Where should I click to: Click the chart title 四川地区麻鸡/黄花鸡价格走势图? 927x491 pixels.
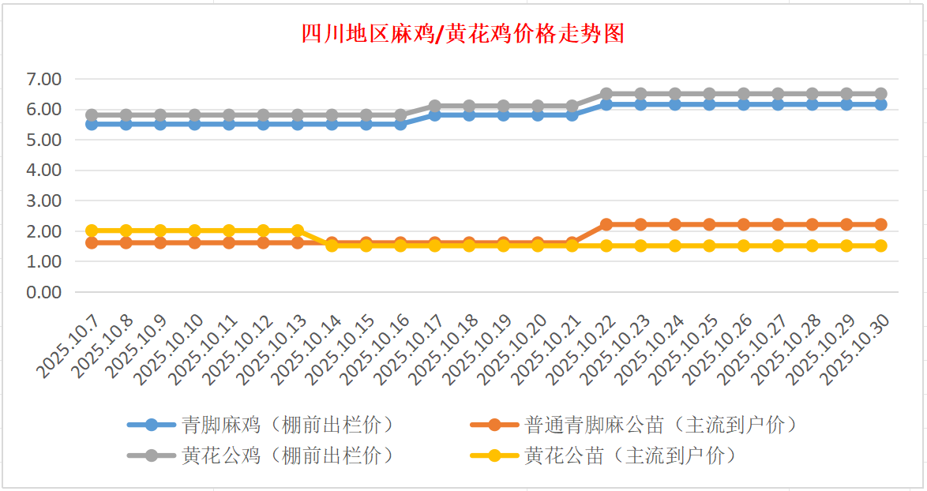(463, 34)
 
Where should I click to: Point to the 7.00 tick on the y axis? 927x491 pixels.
(44, 79)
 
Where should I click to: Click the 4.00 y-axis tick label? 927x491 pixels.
(44, 171)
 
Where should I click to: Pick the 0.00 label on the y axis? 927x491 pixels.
(44, 292)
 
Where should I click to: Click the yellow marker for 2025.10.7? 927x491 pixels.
(92, 231)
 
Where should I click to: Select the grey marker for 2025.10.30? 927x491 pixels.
(880, 94)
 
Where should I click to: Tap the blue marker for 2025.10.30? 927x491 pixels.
(880, 104)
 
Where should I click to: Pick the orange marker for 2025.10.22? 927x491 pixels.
(606, 224)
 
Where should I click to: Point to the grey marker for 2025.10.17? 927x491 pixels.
(434, 106)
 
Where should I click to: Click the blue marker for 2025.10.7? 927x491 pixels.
(92, 124)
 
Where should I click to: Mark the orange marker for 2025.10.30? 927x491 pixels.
(880, 224)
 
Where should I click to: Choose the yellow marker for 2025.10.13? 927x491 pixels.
(298, 231)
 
